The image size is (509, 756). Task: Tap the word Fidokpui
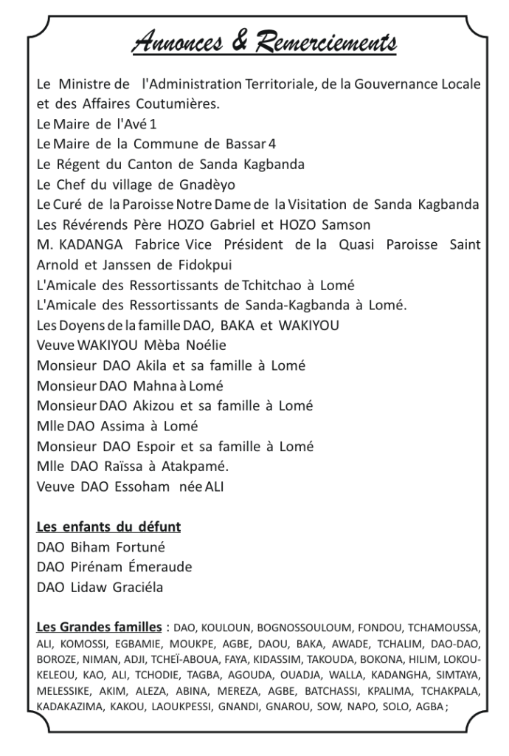[x=215, y=264]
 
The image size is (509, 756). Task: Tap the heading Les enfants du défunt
[x=109, y=527]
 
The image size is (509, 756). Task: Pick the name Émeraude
[x=159, y=567]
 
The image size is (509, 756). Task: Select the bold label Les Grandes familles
[x=100, y=628]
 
